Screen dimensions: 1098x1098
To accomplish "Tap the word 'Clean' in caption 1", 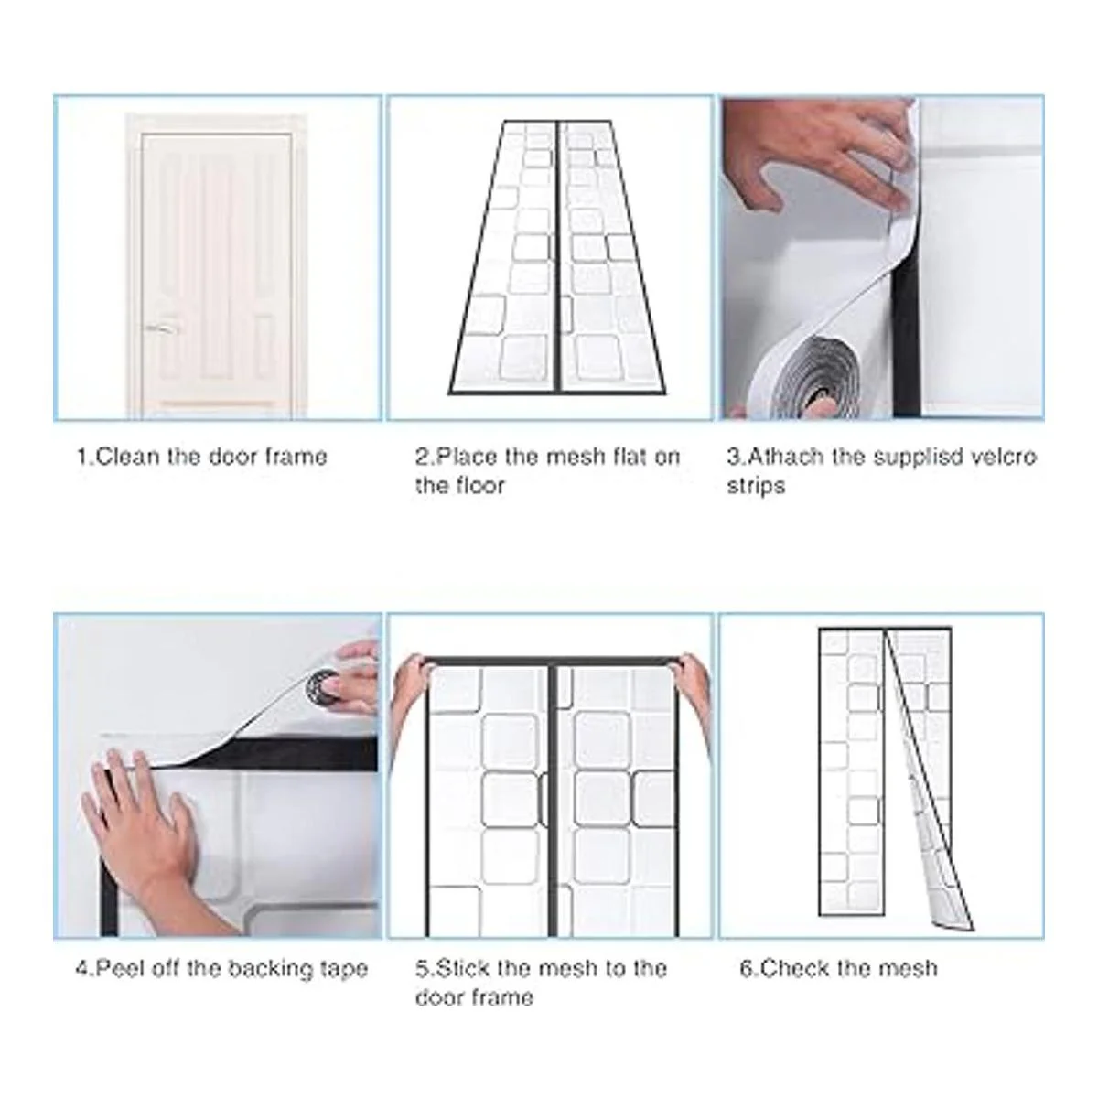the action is point(127,457).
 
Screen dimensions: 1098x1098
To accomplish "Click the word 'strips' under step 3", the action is point(756,486).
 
